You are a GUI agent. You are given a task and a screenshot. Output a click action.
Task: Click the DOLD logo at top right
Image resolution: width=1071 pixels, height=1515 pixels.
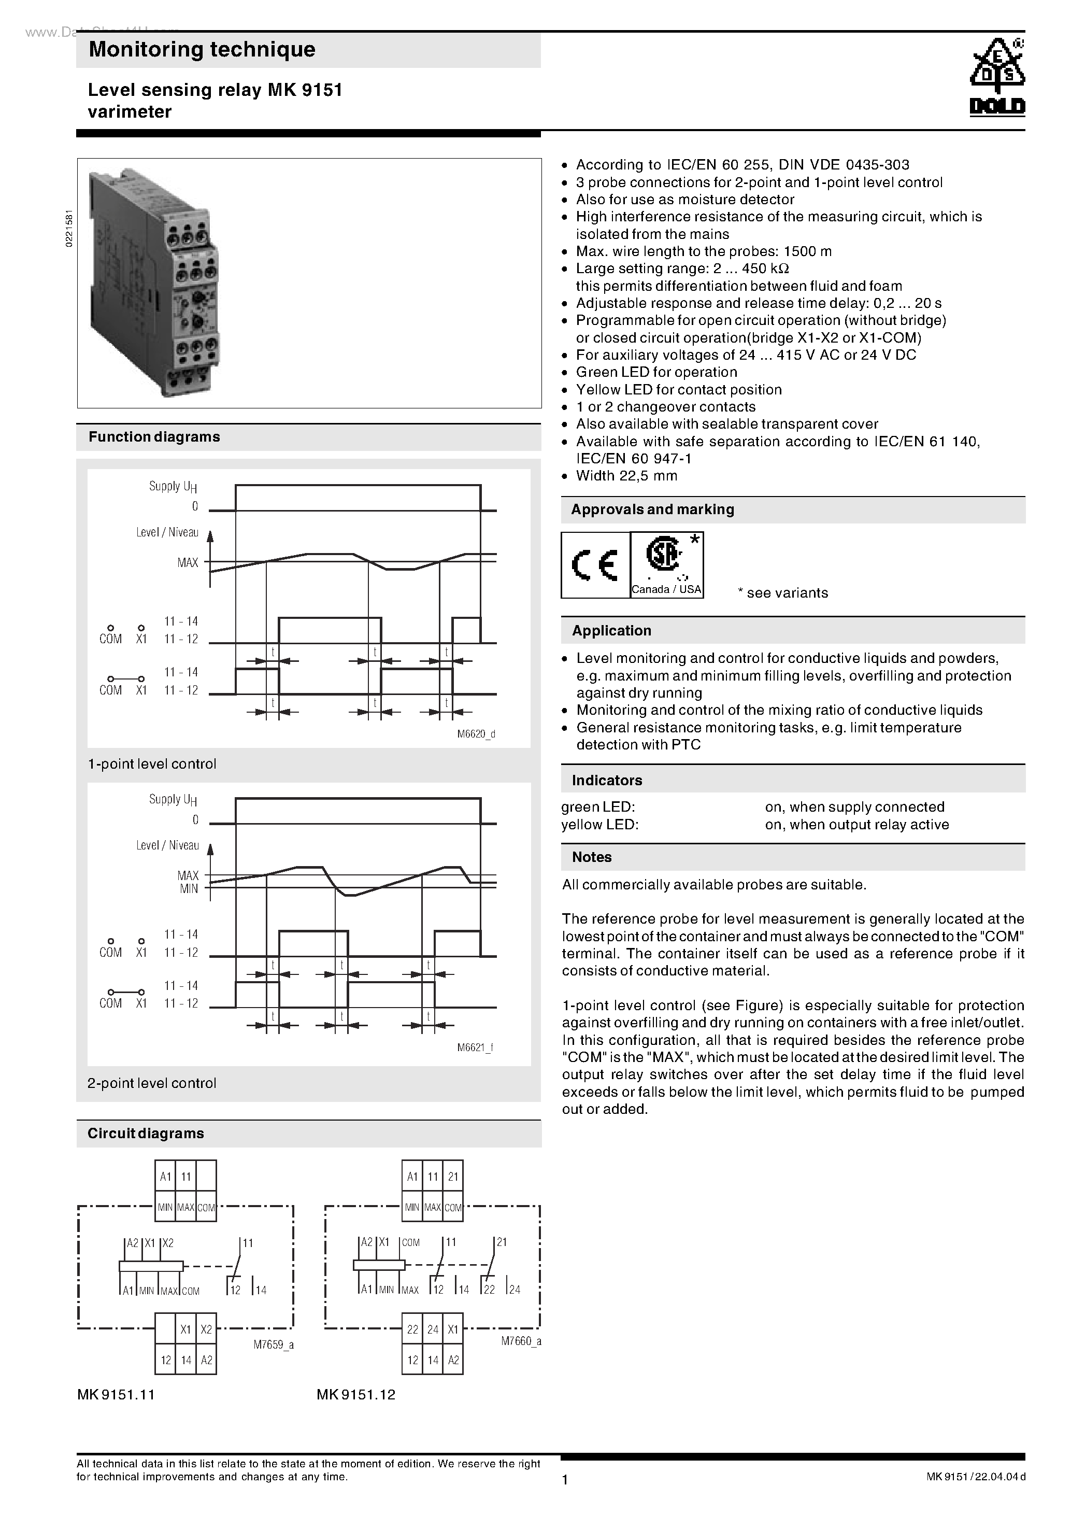996,78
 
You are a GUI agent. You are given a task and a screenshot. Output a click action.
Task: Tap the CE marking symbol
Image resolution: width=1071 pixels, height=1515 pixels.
594,565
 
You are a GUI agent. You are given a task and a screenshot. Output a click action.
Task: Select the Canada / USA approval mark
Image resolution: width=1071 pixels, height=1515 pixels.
667,565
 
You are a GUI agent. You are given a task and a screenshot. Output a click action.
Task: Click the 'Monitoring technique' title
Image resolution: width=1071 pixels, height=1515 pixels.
202,49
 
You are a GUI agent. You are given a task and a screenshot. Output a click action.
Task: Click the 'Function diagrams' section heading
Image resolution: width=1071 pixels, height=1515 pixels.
154,437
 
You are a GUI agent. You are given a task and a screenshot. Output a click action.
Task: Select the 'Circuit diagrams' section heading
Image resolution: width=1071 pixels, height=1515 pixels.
146,1133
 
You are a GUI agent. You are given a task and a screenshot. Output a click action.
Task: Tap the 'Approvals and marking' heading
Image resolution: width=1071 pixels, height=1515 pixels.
652,509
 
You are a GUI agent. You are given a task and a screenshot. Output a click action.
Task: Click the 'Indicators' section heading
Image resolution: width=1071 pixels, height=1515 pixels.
607,780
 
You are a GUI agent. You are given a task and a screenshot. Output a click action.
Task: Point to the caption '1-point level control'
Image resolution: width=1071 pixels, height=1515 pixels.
152,763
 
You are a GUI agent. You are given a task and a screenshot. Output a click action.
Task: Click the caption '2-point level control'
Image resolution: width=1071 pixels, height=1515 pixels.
152,1083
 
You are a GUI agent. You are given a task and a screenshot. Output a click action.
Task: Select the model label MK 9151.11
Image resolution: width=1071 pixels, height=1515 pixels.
116,1394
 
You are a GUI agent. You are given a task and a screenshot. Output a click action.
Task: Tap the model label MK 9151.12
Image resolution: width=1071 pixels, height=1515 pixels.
355,1394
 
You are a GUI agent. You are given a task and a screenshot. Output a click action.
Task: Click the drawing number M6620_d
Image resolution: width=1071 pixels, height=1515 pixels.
476,734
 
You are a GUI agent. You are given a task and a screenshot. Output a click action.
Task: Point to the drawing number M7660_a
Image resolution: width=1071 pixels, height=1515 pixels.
521,1341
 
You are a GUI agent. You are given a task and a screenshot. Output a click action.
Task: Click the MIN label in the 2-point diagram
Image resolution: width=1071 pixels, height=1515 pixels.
189,889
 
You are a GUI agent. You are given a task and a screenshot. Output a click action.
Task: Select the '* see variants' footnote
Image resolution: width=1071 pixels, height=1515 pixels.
783,592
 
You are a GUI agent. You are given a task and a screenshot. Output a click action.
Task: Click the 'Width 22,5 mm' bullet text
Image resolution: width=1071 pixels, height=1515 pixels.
626,476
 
